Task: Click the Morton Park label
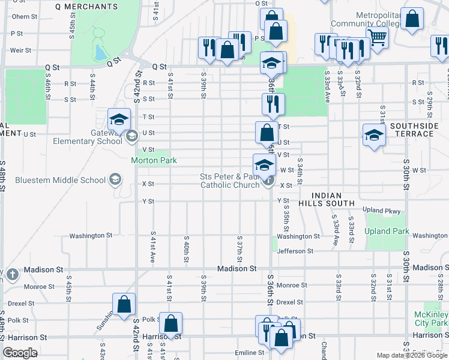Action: [x=154, y=161]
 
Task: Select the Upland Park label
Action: [x=387, y=232]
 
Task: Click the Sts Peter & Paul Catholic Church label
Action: [x=231, y=181]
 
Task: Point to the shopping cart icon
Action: [x=376, y=37]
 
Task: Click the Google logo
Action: [x=20, y=353]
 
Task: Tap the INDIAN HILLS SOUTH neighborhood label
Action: [x=327, y=200]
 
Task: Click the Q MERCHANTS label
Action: [x=86, y=7]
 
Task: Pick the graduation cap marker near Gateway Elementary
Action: [x=119, y=119]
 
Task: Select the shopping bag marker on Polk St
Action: [x=171, y=324]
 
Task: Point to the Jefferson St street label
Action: [x=295, y=251]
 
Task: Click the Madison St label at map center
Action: [x=237, y=269]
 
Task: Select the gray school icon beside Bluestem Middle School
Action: [x=115, y=180]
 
